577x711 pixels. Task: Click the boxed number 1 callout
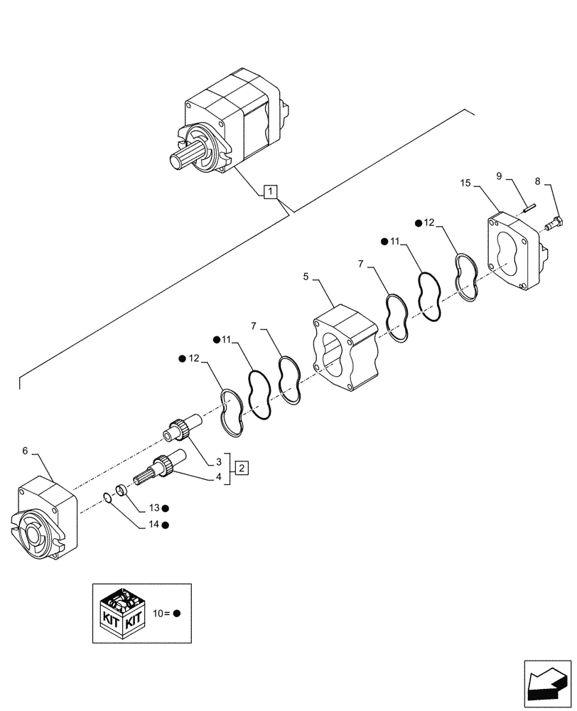coord(271,191)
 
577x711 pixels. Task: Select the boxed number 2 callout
coord(242,467)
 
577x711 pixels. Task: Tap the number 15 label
coord(465,183)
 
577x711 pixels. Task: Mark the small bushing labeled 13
coord(122,490)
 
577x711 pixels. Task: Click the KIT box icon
coord(121,613)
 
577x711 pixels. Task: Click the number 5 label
coord(306,276)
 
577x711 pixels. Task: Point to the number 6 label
coord(26,451)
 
